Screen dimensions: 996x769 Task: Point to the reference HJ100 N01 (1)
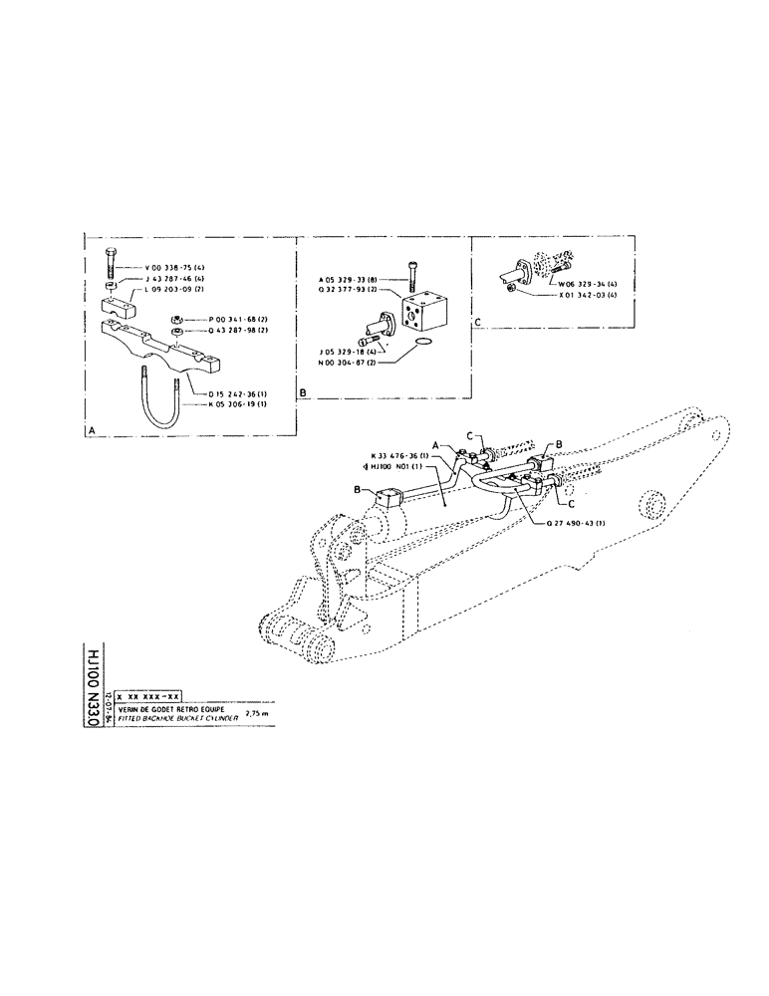pos(396,467)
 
